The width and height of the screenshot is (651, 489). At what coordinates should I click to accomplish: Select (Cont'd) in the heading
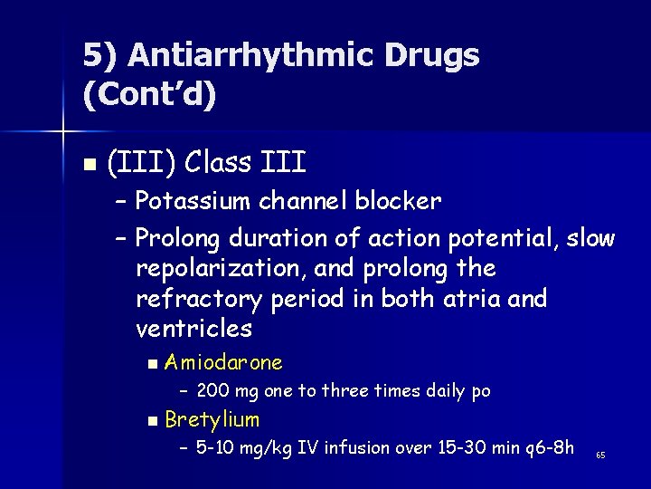[150, 94]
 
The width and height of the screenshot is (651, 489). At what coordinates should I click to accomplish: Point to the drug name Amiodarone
[224, 363]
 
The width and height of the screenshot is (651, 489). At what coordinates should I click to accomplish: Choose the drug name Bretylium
[212, 419]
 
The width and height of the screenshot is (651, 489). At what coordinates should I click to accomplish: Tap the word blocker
[400, 201]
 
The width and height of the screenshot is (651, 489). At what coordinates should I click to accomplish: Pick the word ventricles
[193, 328]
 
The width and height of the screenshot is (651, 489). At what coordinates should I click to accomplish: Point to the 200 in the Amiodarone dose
[212, 391]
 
